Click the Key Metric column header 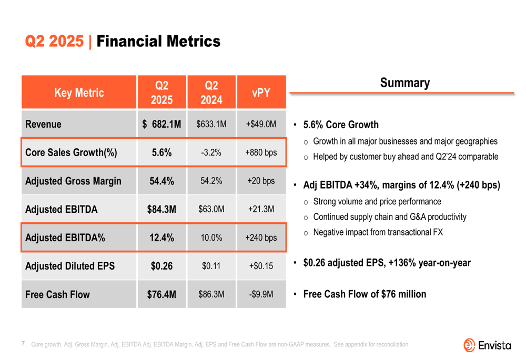pyautogui.click(x=79, y=93)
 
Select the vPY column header pyautogui.click(x=261, y=93)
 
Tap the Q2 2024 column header pyautogui.click(x=211, y=93)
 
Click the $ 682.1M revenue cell pyautogui.click(x=161, y=125)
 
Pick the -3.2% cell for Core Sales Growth pyautogui.click(x=211, y=153)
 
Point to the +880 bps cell pyautogui.click(x=261, y=153)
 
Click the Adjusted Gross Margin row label pyautogui.click(x=73, y=181)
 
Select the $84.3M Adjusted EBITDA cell pyautogui.click(x=161, y=210)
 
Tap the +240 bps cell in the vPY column pyautogui.click(x=261, y=238)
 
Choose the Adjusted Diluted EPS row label pyautogui.click(x=70, y=266)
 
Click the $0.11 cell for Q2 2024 pyautogui.click(x=211, y=266)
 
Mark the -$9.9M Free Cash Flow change pyautogui.click(x=261, y=294)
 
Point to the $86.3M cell pyautogui.click(x=211, y=294)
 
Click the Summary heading pyautogui.click(x=404, y=83)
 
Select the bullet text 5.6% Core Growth pyautogui.click(x=341, y=125)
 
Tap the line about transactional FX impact pyautogui.click(x=378, y=232)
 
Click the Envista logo pyautogui.click(x=487, y=345)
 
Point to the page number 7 pyautogui.click(x=24, y=344)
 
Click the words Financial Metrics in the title pyautogui.click(x=158, y=42)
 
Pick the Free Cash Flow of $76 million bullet pyautogui.click(x=365, y=294)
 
